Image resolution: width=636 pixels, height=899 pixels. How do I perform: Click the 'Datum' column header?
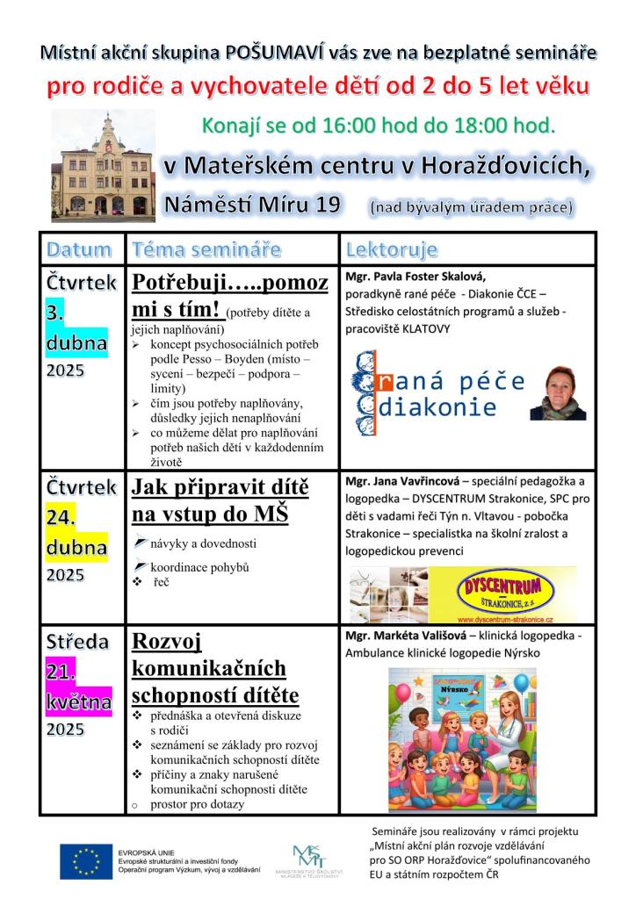point(79,249)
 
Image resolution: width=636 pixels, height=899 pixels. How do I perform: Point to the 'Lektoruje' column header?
point(391,249)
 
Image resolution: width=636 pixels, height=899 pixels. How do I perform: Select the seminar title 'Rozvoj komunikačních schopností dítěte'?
point(215,668)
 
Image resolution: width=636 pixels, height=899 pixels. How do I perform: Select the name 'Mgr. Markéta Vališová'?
point(405,634)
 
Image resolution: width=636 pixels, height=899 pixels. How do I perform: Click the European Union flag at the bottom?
point(84,861)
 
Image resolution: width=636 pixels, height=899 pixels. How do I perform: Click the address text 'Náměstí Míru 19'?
point(251,205)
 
